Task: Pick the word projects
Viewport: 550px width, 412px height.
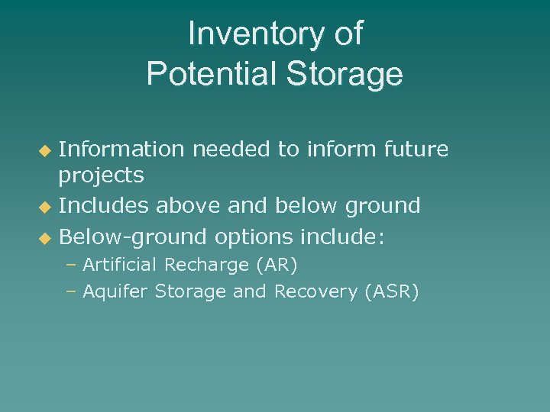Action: pyautogui.click(x=102, y=176)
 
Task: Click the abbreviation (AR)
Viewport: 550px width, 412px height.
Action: pyautogui.click(x=277, y=266)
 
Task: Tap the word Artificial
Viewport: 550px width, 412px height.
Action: pyautogui.click(x=122, y=266)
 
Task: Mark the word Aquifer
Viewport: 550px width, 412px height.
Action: pyautogui.click(x=116, y=291)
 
